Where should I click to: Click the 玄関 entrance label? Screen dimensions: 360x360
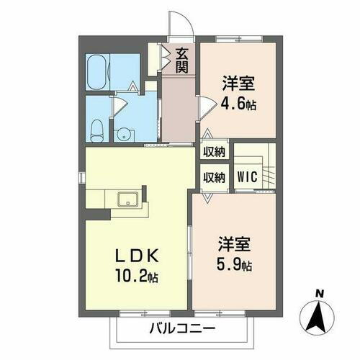(x=181, y=59)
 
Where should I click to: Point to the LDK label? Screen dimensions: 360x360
(x=134, y=256)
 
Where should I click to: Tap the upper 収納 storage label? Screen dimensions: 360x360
(x=214, y=151)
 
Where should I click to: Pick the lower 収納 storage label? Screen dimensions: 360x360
(x=214, y=176)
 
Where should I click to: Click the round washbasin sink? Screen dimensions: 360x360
(x=123, y=133)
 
